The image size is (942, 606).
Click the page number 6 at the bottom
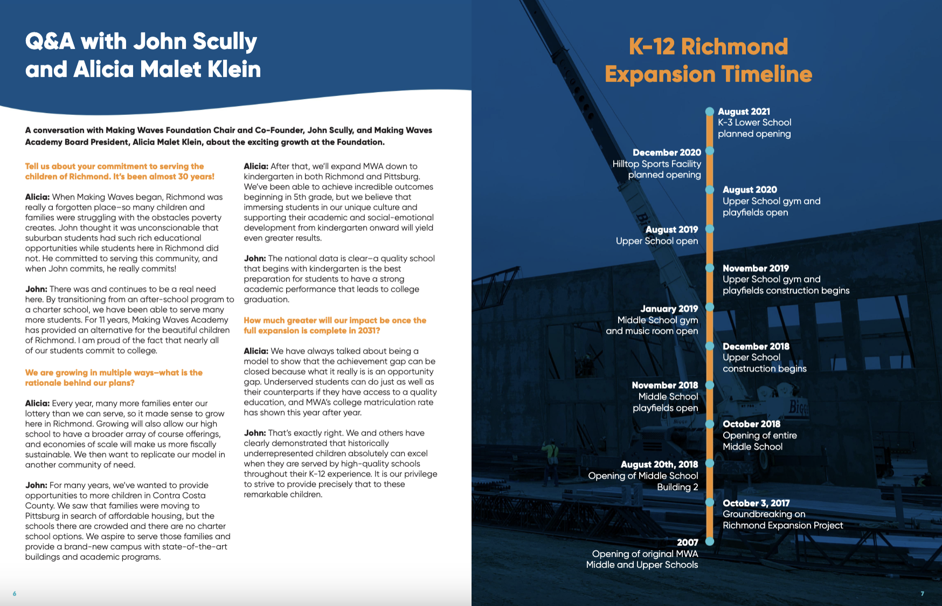(x=15, y=594)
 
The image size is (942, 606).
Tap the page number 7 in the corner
(x=922, y=594)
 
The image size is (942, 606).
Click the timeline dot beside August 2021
(x=710, y=112)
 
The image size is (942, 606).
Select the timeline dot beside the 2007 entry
(x=710, y=541)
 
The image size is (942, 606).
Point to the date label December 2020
(x=667, y=153)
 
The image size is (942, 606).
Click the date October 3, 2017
(x=756, y=503)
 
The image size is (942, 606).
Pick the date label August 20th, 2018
(x=659, y=464)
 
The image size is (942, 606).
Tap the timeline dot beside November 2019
(x=710, y=268)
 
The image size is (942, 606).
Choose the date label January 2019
(x=669, y=308)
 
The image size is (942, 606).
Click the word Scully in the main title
(x=224, y=42)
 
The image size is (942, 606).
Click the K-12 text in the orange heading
(x=652, y=47)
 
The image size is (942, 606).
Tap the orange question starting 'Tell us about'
(x=120, y=171)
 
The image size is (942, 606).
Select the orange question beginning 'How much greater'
(x=335, y=325)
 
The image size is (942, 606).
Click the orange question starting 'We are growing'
(x=114, y=377)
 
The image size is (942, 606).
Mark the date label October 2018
(x=751, y=424)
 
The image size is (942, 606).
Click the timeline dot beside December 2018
(x=710, y=346)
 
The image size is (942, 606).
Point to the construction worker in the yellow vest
(x=550, y=452)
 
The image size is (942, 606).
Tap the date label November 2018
(x=664, y=385)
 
